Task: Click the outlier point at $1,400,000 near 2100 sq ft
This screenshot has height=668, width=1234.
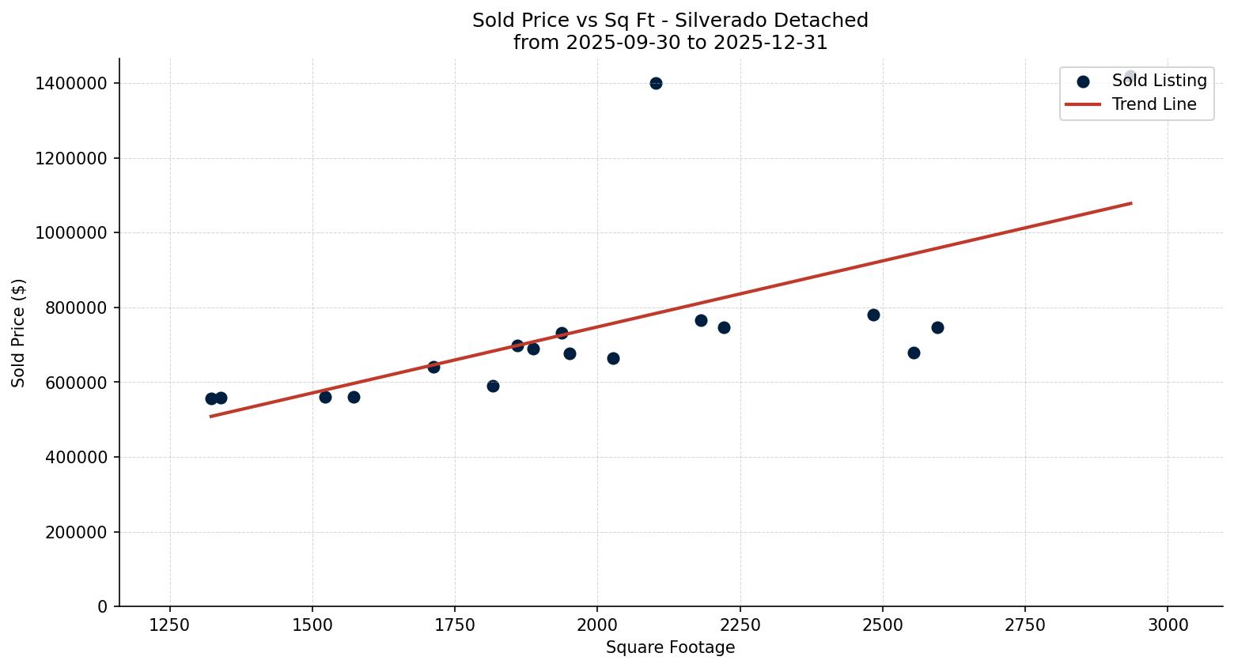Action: click(x=656, y=83)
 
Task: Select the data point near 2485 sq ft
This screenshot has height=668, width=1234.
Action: click(x=873, y=315)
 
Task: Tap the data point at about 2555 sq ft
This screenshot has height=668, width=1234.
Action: click(x=914, y=353)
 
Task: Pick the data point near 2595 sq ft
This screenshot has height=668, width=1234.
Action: click(x=937, y=327)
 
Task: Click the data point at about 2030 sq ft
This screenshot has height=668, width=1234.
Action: click(x=613, y=358)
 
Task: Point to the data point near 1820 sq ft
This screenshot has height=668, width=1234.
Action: click(x=493, y=386)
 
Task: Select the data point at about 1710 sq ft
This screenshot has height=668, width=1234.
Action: click(x=433, y=367)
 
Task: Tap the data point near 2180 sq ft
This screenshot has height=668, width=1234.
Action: click(x=701, y=320)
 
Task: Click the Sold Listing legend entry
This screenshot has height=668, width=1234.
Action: click(x=1159, y=81)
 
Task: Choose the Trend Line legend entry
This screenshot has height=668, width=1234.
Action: click(x=1153, y=104)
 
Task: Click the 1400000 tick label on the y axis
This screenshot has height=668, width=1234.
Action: click(x=71, y=84)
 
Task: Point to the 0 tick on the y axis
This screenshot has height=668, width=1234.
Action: click(x=103, y=607)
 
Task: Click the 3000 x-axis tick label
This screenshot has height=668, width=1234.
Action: click(x=1168, y=625)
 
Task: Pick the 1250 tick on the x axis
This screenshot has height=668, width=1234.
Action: click(x=169, y=625)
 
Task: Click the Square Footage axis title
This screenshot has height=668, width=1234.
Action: click(x=670, y=648)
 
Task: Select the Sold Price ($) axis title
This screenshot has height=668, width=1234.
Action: click(x=19, y=333)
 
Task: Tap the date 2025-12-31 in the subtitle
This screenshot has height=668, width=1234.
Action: click(x=770, y=43)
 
